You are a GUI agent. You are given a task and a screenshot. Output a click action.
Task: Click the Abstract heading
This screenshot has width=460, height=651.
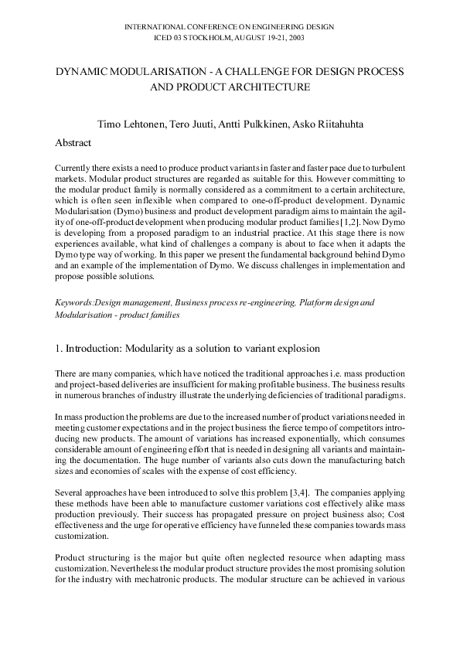[73, 142]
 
